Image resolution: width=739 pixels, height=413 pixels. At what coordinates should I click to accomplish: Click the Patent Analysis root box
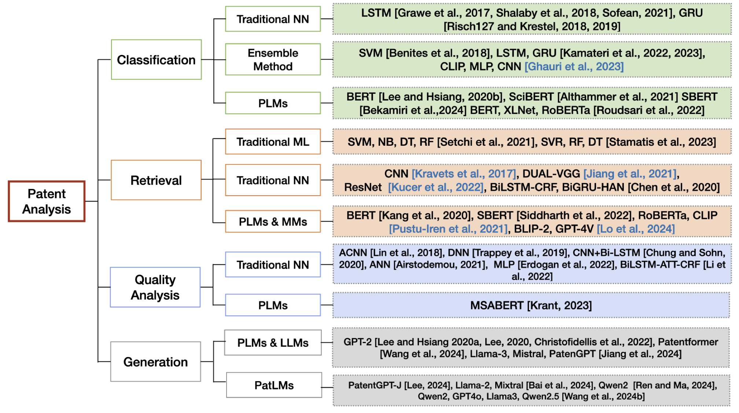tap(47, 201)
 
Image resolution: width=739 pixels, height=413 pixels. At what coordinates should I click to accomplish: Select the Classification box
tap(156, 60)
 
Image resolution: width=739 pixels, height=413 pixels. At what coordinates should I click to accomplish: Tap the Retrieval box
tap(156, 180)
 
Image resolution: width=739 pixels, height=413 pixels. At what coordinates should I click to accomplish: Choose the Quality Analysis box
tap(155, 287)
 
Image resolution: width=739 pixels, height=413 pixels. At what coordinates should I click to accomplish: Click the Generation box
tap(155, 362)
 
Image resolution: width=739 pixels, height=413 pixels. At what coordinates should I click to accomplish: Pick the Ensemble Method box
tap(273, 60)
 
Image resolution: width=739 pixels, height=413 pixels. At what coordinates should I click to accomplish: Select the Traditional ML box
tap(273, 142)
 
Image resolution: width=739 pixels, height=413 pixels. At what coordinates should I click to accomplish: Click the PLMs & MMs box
tap(273, 222)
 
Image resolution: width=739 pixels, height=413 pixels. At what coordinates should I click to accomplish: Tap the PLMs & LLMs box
tap(273, 343)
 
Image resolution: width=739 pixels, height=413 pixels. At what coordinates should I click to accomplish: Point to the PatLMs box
tap(274, 385)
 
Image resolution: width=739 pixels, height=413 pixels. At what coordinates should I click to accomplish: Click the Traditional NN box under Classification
tap(273, 19)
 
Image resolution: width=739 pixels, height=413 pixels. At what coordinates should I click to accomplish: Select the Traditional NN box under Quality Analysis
tap(273, 265)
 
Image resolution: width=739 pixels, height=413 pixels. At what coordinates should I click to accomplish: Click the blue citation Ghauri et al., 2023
tap(574, 67)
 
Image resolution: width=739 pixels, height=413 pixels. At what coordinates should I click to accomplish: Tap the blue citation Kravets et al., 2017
tap(464, 174)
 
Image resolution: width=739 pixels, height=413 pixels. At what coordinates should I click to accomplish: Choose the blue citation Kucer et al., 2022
tap(436, 187)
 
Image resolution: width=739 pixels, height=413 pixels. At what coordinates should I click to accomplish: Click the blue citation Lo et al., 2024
tap(636, 229)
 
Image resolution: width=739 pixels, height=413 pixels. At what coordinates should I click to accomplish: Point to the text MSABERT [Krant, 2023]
tap(531, 305)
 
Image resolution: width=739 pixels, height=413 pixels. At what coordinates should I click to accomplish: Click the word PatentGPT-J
tap(375, 385)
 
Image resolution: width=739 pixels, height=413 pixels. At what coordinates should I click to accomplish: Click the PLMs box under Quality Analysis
tap(273, 305)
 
